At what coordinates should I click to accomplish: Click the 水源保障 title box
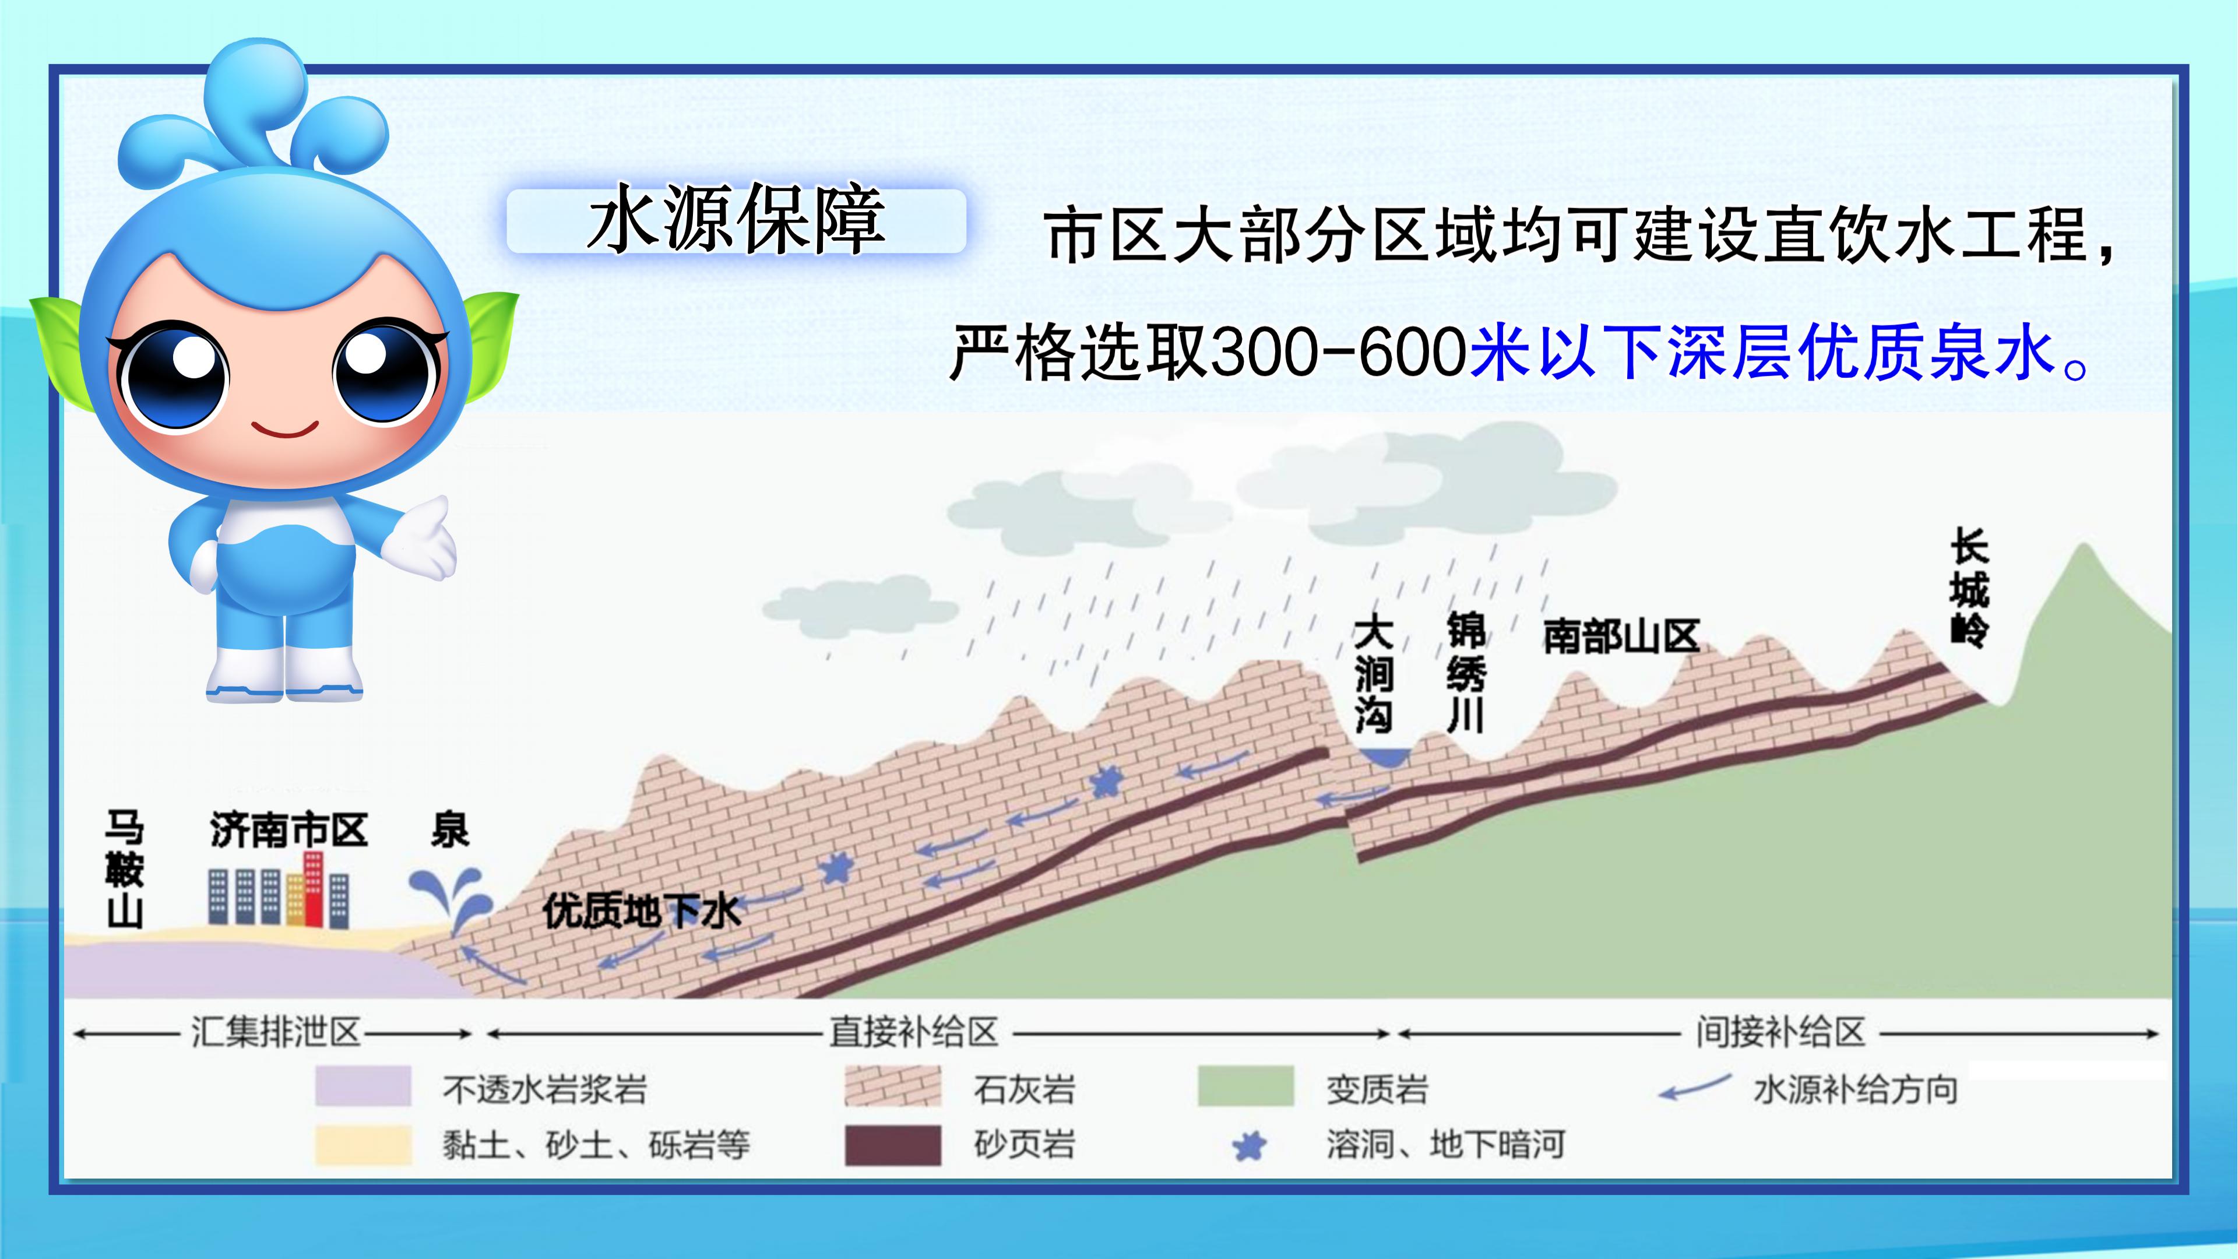(x=736, y=221)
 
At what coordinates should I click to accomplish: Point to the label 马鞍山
(x=124, y=869)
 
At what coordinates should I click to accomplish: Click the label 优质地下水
(x=641, y=912)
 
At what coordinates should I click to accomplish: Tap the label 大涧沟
(x=1374, y=673)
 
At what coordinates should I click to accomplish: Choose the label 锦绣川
(x=1466, y=671)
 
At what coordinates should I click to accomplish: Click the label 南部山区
(x=1621, y=636)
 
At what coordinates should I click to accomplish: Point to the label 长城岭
(x=1969, y=586)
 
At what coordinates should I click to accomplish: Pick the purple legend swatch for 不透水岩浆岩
(x=363, y=1086)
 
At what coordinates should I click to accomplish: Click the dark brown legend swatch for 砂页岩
(x=892, y=1144)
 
